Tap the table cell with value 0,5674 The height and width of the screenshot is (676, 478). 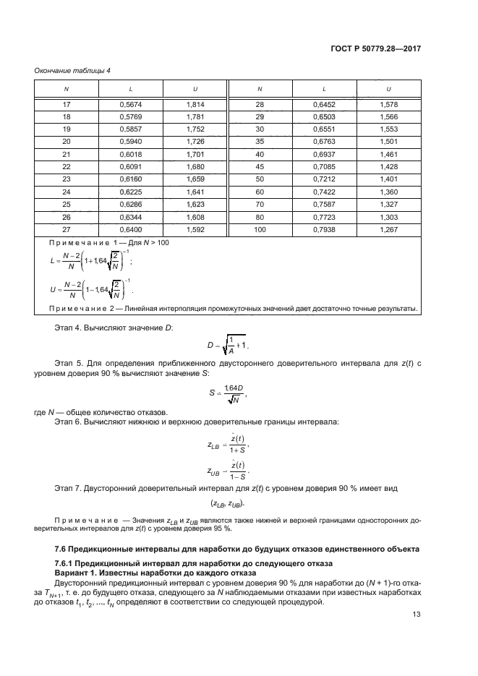130,104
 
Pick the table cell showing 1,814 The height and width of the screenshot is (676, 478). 194,104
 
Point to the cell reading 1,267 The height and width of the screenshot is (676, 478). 388,230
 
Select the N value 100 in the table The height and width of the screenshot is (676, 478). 260,230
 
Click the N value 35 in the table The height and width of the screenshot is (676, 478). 260,142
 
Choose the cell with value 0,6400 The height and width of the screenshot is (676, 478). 130,230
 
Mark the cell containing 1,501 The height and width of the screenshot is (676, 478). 388,142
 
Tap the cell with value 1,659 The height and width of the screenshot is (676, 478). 194,179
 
